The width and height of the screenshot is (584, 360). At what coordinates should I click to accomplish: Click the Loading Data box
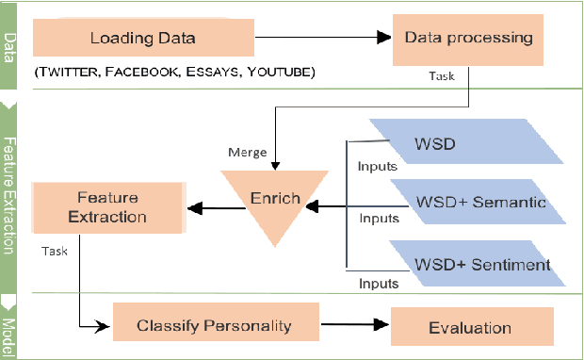[x=143, y=39]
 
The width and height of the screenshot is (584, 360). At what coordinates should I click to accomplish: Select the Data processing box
[x=468, y=39]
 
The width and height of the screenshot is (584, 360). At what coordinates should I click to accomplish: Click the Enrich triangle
[x=274, y=200]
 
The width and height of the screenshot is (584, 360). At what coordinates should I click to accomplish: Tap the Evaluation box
[x=469, y=327]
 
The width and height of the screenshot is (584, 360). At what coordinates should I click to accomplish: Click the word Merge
[x=246, y=152]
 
